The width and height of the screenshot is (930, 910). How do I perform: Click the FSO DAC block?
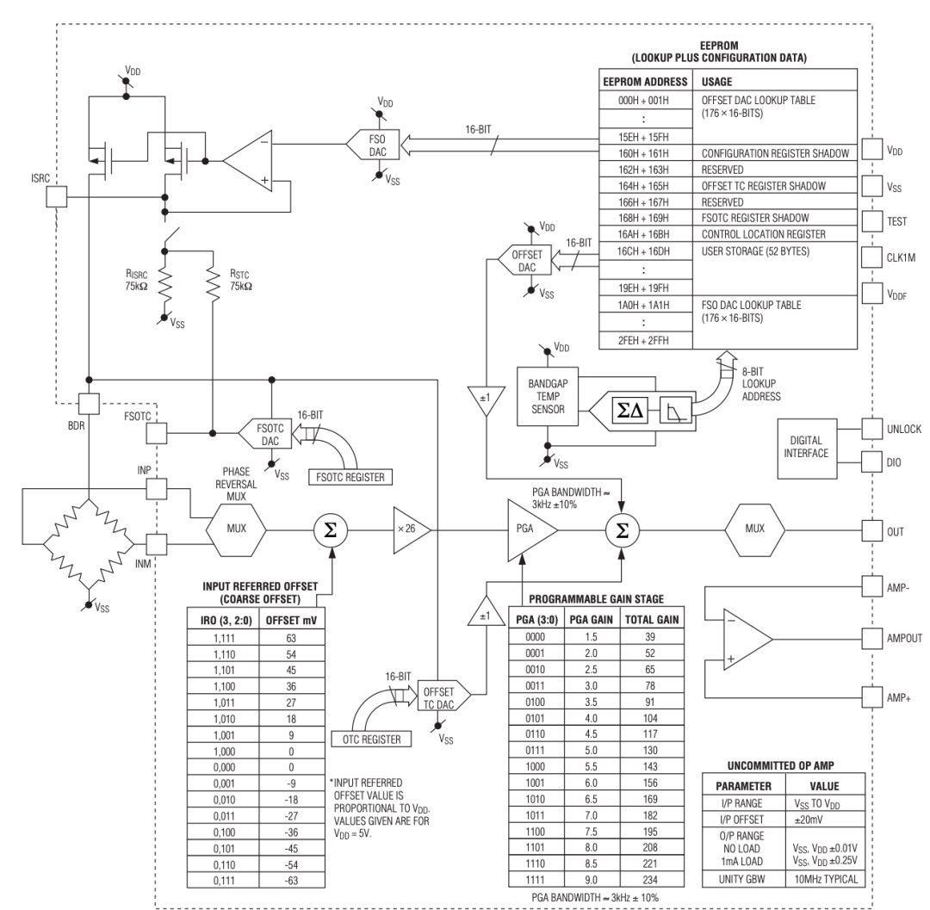tap(373, 145)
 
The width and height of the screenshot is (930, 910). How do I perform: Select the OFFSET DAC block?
tap(524, 260)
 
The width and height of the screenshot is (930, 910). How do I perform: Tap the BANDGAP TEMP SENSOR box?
tap(548, 396)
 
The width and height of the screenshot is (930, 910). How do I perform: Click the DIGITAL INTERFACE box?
tap(807, 449)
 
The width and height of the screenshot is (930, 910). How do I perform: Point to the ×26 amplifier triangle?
tap(412, 530)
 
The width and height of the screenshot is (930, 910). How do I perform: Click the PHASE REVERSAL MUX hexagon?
tap(236, 530)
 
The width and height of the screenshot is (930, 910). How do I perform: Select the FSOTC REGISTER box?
tap(350, 477)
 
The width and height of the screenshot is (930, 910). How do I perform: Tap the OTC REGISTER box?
tap(371, 740)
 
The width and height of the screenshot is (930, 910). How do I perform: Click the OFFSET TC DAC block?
tap(443, 698)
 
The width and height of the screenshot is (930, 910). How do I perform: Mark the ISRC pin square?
tap(56, 197)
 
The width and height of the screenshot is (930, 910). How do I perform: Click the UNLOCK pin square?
tap(871, 429)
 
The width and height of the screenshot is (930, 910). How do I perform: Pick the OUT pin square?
tap(871, 530)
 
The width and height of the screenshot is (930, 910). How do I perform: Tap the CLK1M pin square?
tap(871, 257)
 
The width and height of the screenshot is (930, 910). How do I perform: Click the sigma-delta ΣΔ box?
tap(629, 411)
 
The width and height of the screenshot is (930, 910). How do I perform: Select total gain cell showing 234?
tap(651, 880)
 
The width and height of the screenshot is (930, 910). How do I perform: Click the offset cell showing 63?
tap(291, 638)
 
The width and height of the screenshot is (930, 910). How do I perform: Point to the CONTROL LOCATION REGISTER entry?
tap(763, 234)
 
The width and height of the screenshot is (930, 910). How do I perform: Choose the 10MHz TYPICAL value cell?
tap(825, 879)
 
